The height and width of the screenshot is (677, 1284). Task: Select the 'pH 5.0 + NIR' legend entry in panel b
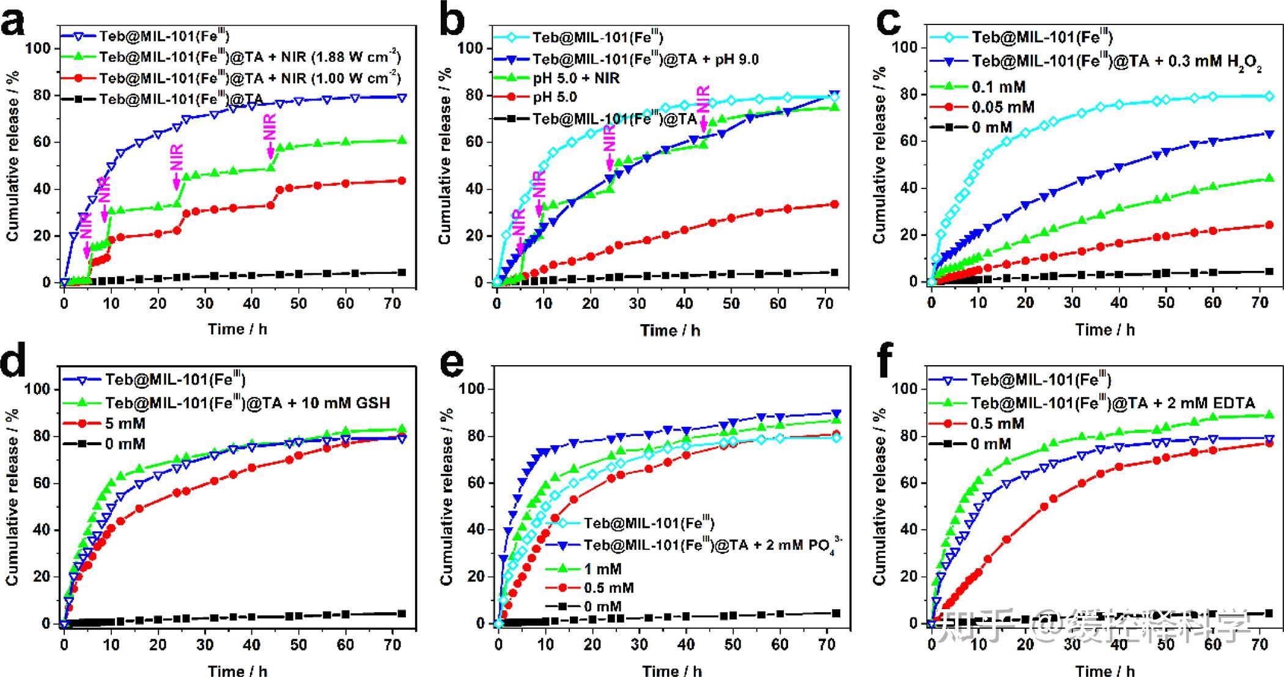[575, 78]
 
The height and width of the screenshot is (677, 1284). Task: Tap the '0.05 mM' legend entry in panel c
[1003, 107]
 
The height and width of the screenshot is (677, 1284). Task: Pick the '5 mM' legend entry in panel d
[125, 423]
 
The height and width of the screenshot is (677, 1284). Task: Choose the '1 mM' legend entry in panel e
[602, 569]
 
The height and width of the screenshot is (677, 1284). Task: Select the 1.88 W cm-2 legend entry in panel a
[250, 57]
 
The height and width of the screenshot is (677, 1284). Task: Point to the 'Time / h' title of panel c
[1104, 330]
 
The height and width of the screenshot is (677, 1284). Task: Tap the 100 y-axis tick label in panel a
[42, 48]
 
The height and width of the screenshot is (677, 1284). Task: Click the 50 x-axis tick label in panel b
[731, 303]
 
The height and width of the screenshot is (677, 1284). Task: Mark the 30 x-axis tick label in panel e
[639, 644]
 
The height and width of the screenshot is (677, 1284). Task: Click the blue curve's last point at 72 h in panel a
[401, 97]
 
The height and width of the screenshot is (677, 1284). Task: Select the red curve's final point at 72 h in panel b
[834, 204]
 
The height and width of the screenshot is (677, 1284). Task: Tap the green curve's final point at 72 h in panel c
[1269, 179]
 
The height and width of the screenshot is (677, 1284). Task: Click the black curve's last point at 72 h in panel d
[402, 613]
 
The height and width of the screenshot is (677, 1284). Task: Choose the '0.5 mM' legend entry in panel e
[608, 588]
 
